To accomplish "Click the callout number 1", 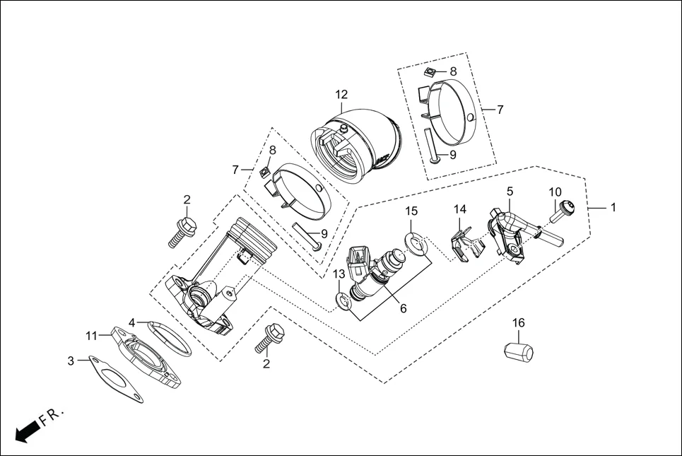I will click(x=613, y=208).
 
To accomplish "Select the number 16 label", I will click(x=518, y=323).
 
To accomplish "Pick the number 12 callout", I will click(x=341, y=94).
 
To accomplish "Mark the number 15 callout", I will click(x=411, y=211).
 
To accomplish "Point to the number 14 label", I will click(x=460, y=210).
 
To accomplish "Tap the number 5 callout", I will click(x=510, y=191).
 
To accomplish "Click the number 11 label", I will click(x=91, y=335).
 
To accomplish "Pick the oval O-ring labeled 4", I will click(x=169, y=339).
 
